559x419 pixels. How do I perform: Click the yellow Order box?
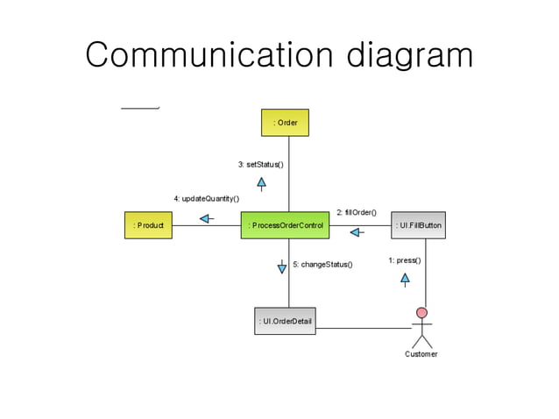285,122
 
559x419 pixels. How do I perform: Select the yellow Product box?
148,225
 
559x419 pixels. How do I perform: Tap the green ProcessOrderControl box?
286,225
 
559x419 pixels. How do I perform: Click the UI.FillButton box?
418,225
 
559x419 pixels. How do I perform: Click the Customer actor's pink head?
421,313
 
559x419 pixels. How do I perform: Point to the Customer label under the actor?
421,354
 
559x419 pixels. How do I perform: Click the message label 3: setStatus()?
260,164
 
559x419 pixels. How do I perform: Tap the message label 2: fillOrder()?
356,212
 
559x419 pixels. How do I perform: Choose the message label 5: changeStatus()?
322,264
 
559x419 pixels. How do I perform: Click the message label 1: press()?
404,260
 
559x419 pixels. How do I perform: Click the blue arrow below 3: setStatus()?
261,183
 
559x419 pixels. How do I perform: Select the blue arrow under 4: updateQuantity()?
206,218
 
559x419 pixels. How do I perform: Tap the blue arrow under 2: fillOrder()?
357,232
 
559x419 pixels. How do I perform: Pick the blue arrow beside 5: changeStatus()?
282,266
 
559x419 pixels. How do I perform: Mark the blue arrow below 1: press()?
405,280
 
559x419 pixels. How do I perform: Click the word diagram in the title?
408,57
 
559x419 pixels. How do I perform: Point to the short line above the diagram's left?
139,108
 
